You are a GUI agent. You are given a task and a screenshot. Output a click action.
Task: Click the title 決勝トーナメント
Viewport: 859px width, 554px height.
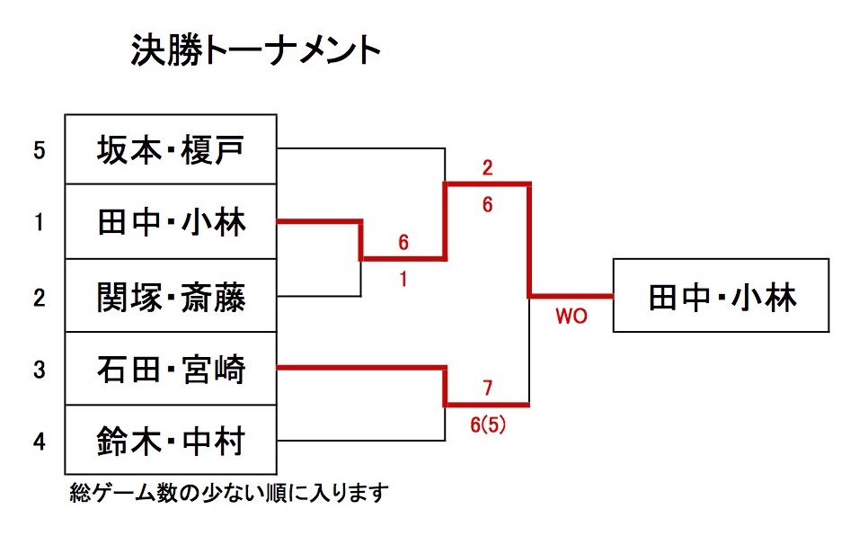256,50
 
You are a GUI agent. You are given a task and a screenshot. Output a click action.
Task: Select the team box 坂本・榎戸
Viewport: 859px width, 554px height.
170,149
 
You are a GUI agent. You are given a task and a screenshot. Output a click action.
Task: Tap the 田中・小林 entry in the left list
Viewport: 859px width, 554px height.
170,221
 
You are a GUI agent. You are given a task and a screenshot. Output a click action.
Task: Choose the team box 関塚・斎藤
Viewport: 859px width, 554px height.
170,295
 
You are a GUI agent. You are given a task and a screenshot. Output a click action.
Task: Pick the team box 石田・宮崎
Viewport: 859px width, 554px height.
170,368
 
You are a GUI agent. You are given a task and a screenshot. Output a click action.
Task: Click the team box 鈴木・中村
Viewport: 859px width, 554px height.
170,441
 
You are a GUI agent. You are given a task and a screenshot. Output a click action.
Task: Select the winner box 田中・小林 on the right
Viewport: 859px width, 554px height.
721,296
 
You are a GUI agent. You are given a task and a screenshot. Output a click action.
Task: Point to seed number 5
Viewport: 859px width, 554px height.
39,149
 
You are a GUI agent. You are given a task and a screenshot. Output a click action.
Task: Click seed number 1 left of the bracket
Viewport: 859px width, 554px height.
39,222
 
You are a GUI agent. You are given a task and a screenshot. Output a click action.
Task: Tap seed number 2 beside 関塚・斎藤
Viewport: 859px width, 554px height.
39,296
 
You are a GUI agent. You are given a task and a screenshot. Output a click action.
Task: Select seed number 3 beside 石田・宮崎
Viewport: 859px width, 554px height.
39,369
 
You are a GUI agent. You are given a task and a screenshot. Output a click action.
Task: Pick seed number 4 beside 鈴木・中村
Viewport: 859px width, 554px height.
39,442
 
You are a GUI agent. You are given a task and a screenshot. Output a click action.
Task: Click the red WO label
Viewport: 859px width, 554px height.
571,317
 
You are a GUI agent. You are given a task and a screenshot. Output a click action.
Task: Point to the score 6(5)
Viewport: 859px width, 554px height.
488,424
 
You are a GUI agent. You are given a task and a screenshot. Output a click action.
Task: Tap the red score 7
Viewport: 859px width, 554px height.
487,388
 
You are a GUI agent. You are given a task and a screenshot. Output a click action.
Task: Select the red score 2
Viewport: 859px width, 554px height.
487,168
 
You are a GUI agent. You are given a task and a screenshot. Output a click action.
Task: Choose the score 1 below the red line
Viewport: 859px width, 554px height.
403,279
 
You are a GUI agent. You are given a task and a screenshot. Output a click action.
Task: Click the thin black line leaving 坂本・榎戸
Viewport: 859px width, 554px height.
359,148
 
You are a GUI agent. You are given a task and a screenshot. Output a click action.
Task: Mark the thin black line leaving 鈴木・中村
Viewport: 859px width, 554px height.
359,441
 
